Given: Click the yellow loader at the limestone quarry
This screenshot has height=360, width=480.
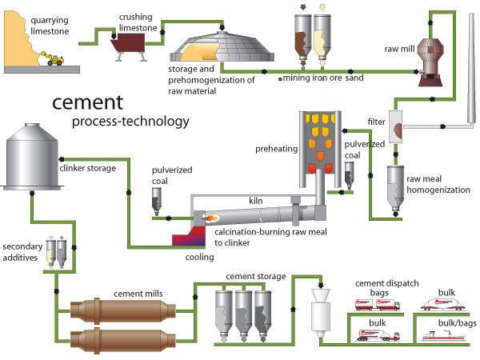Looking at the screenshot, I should pyautogui.click(x=55, y=61).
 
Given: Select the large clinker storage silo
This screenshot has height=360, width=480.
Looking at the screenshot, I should pyautogui.click(x=33, y=159).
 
